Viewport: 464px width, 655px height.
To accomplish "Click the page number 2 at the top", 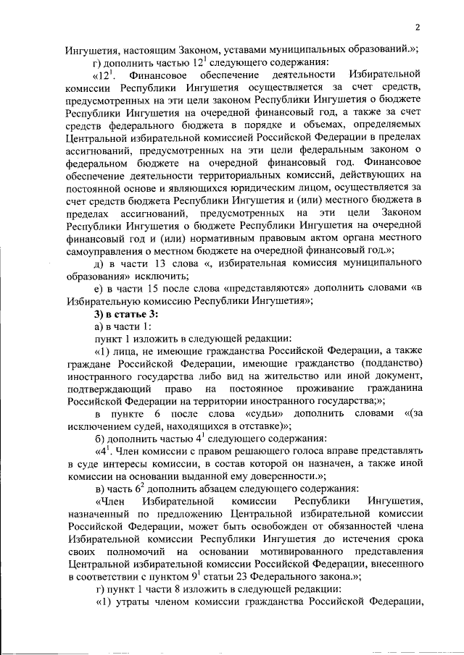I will pyautogui.click(x=418, y=28).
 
